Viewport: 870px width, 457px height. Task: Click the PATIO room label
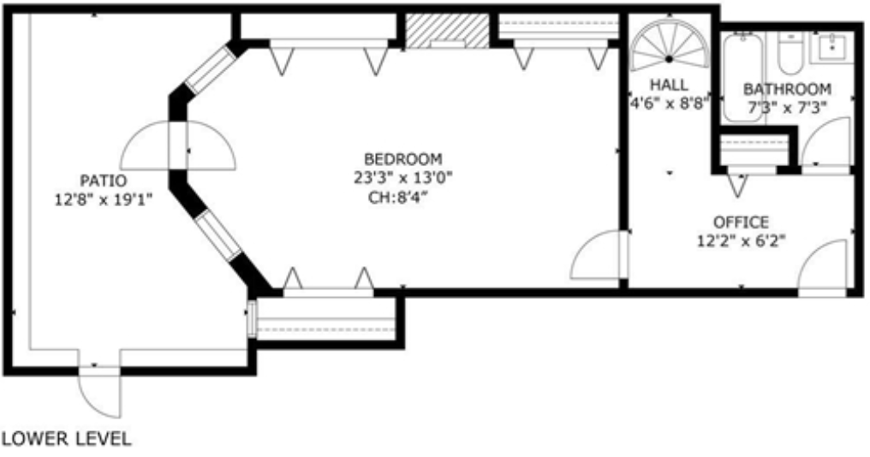coord(104,181)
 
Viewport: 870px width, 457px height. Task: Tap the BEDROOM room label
coord(402,159)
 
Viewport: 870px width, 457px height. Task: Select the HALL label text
coord(669,85)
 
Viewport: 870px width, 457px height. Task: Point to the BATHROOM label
coord(786,89)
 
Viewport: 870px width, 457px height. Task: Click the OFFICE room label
coord(741,223)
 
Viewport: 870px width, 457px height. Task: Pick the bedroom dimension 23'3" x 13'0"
coord(403,178)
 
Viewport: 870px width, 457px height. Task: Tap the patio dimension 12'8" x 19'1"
coord(103,200)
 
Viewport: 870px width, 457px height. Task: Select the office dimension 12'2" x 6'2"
coord(741,241)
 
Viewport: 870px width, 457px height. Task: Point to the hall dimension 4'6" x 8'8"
coord(668,104)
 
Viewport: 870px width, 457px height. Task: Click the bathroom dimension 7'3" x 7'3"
coord(787,109)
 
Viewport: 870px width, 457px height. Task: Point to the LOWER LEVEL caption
coord(67,440)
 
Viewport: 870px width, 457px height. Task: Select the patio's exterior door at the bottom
coord(99,392)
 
